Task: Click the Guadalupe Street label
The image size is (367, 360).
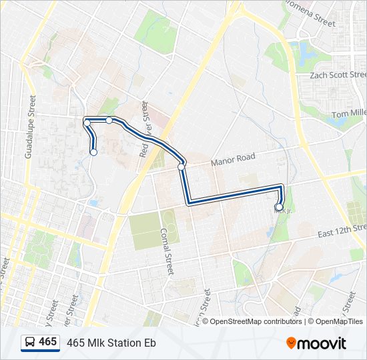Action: click(29, 127)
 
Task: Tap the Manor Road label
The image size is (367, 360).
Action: click(233, 159)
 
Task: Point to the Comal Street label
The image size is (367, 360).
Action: click(166, 251)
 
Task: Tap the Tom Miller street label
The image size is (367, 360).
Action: click(348, 114)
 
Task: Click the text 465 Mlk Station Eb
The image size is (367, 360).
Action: click(111, 343)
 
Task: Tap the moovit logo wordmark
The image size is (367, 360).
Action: click(322, 343)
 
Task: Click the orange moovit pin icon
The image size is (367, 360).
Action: click(292, 343)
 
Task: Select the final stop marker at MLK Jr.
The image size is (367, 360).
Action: click(280, 207)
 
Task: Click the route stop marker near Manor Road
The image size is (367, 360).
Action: click(181, 167)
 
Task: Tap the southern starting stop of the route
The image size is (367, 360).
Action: click(93, 153)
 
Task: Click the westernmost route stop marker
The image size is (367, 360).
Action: click(87, 123)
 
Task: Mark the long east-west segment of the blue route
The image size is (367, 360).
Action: click(234, 193)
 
